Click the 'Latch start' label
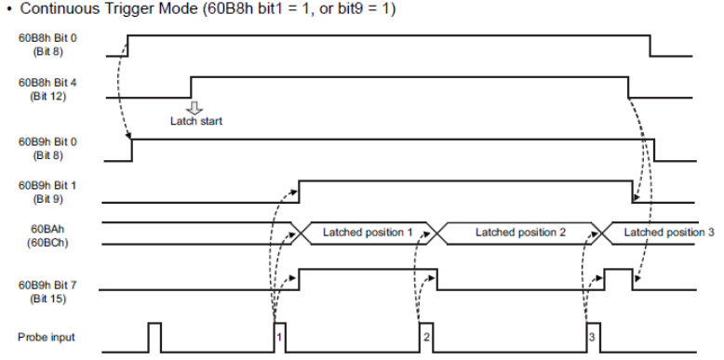tap(196, 121)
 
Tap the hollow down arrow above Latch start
tap(194, 108)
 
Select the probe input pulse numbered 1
tap(280, 338)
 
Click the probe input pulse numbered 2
tap(426, 338)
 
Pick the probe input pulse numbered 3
tap(594, 338)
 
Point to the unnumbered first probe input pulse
tap(154, 338)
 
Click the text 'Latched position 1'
tap(367, 233)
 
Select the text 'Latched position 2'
tap(520, 233)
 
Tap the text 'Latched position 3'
tap(669, 233)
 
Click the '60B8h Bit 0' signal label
tap(47, 38)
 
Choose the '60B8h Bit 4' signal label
tap(47, 83)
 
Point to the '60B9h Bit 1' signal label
tap(47, 185)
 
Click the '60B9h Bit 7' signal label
tap(47, 286)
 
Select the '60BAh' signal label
tap(47, 229)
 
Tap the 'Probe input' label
tap(47, 338)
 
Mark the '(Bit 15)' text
tap(47, 300)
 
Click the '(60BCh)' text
tap(47, 242)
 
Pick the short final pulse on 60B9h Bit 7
tap(619, 279)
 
